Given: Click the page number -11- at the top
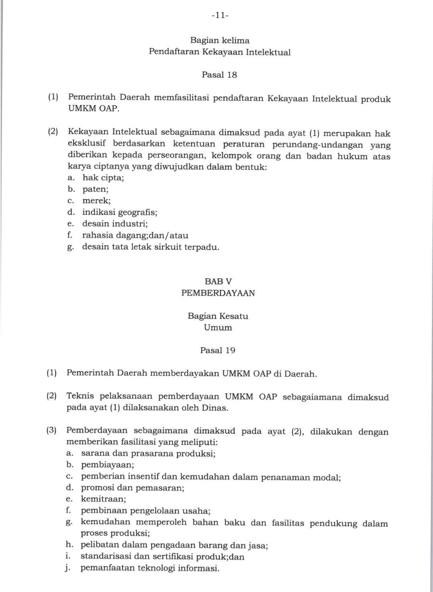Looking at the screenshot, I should point(219,16).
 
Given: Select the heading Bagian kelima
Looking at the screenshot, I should point(220,40).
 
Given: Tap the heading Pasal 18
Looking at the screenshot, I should point(219,75).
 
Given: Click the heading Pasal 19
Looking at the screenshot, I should point(218,350).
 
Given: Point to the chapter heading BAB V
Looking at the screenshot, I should point(218,281).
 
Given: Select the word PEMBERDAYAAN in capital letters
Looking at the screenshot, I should point(218,293).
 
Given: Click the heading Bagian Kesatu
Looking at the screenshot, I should point(218,316).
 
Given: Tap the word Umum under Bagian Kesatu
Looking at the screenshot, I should point(218,327).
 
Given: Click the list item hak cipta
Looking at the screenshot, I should point(103,177).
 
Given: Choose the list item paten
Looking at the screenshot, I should point(95,189).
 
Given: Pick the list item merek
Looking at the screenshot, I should point(96,200).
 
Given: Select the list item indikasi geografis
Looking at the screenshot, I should point(119,212).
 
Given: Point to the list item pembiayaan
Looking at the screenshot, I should point(107,465).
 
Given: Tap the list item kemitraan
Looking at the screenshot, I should point(103,499).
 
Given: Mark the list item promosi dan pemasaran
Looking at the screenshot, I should point(132,488).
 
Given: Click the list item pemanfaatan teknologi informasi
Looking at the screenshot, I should point(150,568).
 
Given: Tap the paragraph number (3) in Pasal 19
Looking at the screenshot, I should point(52,431).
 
